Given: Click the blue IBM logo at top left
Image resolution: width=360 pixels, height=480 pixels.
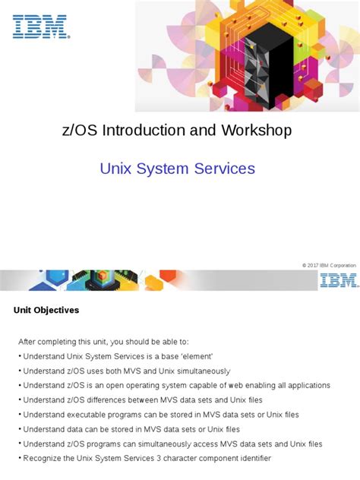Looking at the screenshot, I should click(41, 27).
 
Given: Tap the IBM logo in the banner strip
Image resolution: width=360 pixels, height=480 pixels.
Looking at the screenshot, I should click(339, 281).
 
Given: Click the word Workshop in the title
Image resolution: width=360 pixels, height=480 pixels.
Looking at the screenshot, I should click(256, 131).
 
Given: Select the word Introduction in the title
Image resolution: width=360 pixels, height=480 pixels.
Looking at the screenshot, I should click(144, 131).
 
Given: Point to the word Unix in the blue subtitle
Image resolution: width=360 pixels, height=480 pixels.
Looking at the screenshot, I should click(116, 168).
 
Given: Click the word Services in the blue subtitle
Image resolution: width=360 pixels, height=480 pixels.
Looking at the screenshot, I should click(226, 168).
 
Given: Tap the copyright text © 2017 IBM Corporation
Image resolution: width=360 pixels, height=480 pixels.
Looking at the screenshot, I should click(328, 264).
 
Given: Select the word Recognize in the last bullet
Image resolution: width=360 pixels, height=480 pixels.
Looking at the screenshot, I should click(45, 459).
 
